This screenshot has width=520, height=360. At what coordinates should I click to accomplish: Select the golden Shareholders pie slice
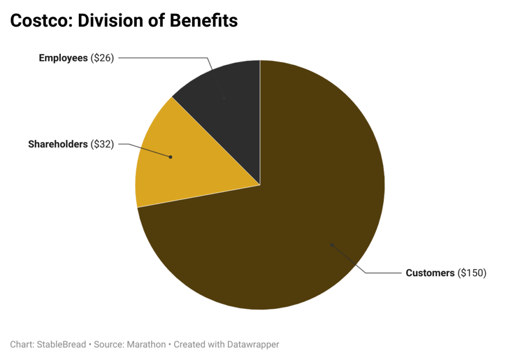click(193, 157)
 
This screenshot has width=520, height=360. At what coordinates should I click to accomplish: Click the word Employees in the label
click(63, 58)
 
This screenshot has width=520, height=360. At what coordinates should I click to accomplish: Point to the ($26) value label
click(102, 58)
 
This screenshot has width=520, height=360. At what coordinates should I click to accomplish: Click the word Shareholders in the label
click(57, 144)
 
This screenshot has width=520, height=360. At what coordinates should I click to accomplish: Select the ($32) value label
click(102, 144)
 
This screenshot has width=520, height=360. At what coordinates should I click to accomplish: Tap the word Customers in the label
click(430, 273)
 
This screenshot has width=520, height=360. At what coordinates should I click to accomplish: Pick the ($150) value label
click(472, 273)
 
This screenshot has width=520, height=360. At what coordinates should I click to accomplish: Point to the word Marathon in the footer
click(146, 344)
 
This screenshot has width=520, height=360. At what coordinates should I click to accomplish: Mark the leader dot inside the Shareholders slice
click(171, 157)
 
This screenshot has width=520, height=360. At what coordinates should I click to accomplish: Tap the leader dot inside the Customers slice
click(332, 245)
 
